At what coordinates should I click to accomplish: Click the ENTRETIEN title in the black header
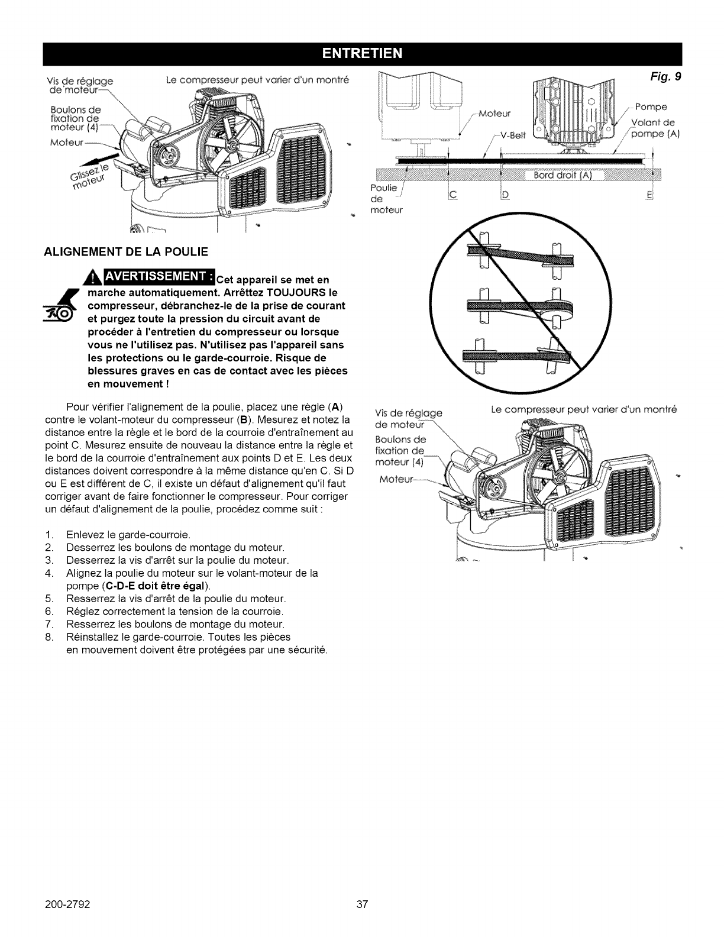tap(362, 54)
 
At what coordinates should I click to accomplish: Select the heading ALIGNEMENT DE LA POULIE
tap(126, 252)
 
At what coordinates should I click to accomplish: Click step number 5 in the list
tap(49, 599)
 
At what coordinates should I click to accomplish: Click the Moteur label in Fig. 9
tap(496, 112)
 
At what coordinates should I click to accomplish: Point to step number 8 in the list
tap(49, 637)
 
